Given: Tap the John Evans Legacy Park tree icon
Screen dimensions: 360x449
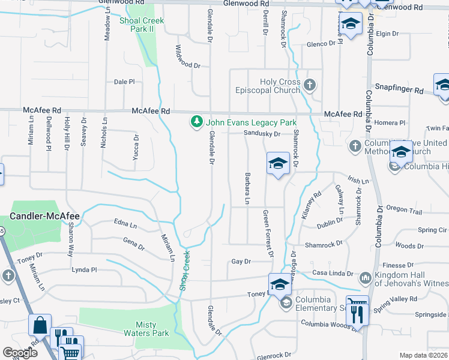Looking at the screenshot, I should (x=196, y=122).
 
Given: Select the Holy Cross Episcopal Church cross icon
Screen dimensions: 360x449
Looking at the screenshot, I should (x=310, y=84).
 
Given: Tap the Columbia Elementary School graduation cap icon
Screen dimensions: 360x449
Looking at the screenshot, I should (x=286, y=302).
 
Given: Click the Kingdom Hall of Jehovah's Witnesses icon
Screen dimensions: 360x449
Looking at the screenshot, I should (x=365, y=278).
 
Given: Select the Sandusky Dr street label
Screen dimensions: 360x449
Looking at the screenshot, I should (x=262, y=134).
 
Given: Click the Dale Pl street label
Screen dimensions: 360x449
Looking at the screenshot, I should (x=124, y=82).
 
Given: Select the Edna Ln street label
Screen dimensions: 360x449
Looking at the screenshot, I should (x=125, y=223).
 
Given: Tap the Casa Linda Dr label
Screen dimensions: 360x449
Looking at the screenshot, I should (x=333, y=274).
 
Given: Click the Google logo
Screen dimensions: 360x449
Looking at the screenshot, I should (x=20, y=353).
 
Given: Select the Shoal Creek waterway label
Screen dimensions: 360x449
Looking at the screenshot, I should (x=184, y=269).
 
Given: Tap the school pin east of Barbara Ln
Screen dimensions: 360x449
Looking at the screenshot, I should (x=278, y=164).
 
